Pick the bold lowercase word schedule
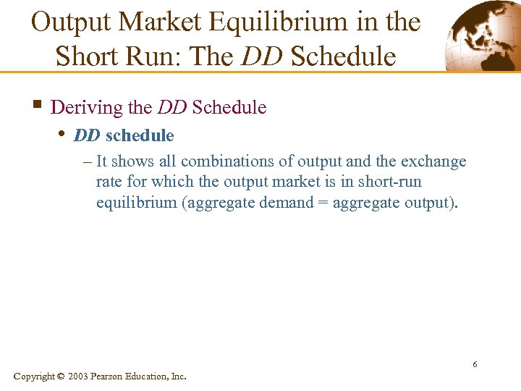[140, 135]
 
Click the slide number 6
[475, 363]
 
